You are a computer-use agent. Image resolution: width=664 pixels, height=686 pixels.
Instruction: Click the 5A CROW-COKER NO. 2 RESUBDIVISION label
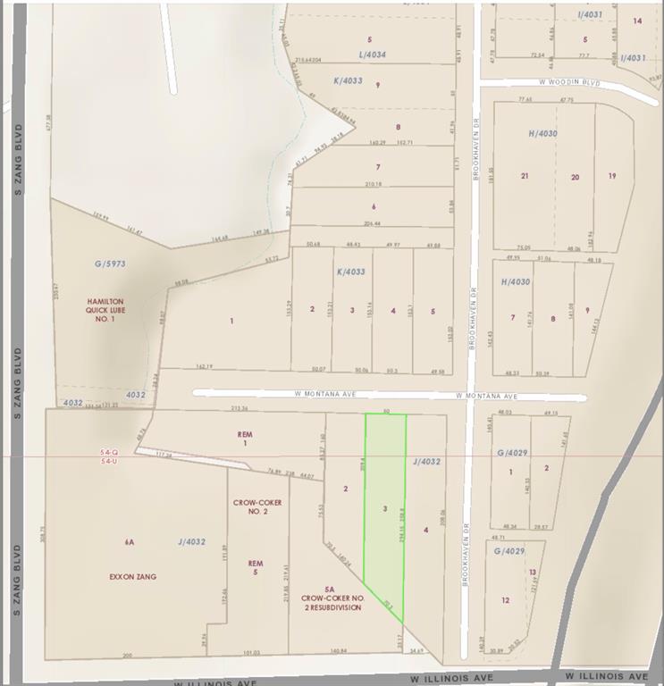331,598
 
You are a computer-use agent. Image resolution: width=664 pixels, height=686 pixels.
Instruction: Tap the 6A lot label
130,542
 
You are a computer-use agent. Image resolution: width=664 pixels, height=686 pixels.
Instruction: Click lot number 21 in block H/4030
525,176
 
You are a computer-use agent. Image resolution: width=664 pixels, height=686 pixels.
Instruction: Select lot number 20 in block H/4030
575,177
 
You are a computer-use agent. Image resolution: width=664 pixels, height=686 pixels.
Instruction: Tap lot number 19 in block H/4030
612,176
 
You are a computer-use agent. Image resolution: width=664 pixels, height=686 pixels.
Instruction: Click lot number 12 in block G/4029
506,600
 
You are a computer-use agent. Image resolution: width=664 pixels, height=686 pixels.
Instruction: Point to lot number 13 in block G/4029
532,572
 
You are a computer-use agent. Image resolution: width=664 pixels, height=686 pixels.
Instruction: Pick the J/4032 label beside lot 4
428,462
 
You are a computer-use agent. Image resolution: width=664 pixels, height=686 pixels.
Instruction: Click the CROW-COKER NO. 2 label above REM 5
257,507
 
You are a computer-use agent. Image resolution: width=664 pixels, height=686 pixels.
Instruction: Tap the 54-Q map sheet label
108,453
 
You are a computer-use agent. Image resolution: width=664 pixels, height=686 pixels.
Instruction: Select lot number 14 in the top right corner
637,21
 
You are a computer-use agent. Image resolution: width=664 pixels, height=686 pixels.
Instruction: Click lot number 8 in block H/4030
553,318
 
